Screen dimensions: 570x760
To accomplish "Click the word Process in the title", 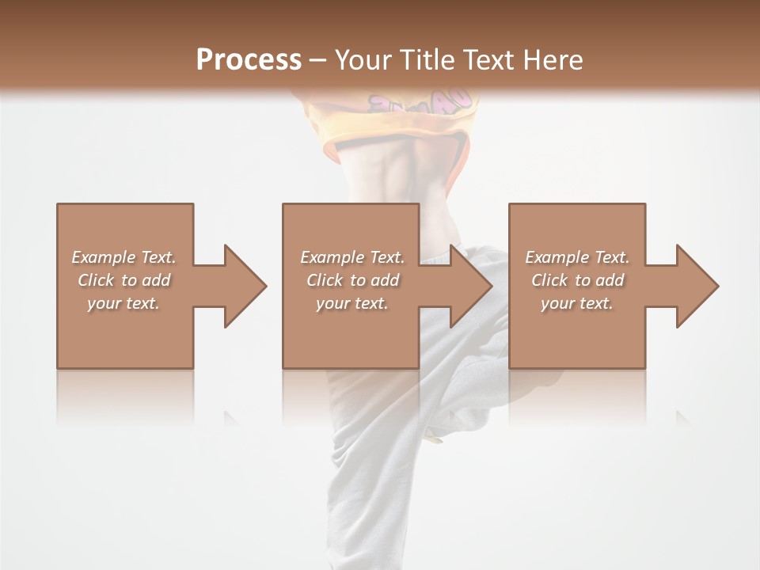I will pyautogui.click(x=249, y=60).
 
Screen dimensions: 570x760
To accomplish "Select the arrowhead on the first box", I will pyautogui.click(x=242, y=286).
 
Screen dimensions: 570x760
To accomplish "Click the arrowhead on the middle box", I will pyautogui.click(x=468, y=286).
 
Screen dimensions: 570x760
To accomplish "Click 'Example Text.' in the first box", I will pyautogui.click(x=123, y=257).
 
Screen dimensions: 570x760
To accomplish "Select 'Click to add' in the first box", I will pyautogui.click(x=123, y=280).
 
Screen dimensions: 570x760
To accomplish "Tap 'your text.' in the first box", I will pyautogui.click(x=123, y=303).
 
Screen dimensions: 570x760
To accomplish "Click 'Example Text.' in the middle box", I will pyautogui.click(x=351, y=257).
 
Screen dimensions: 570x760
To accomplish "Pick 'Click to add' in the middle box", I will pyautogui.click(x=351, y=280).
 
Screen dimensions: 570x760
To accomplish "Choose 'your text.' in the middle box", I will pyautogui.click(x=351, y=303).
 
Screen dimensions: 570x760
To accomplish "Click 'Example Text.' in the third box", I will pyautogui.click(x=577, y=257).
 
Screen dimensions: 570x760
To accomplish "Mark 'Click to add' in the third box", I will pyautogui.click(x=577, y=280).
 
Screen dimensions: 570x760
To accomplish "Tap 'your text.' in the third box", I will pyautogui.click(x=577, y=303).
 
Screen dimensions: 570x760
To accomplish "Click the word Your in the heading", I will pyautogui.click(x=363, y=60).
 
